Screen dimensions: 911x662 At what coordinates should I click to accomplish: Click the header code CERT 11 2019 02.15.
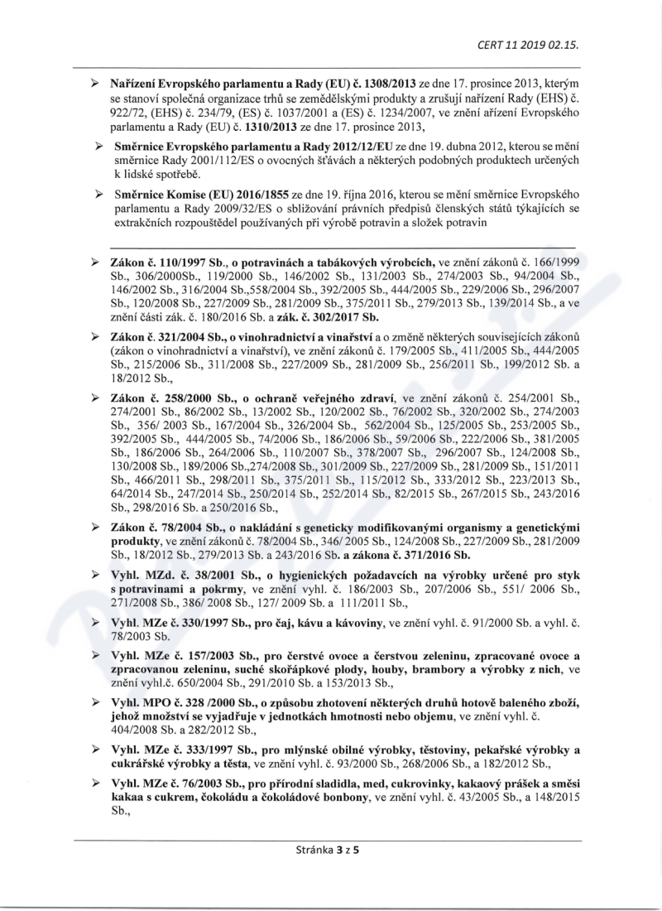tap(528, 45)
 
